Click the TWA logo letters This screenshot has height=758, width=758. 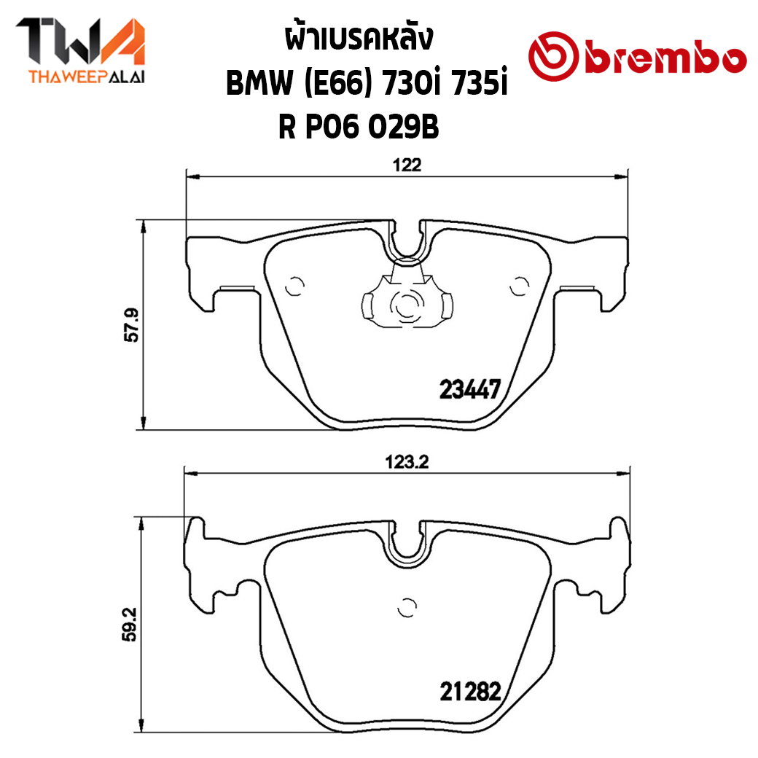click(81, 41)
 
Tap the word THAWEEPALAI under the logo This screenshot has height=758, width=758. click(87, 77)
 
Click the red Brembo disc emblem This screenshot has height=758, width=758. click(553, 56)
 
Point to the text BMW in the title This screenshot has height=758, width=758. click(259, 83)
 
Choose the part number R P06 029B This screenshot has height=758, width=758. click(359, 128)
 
